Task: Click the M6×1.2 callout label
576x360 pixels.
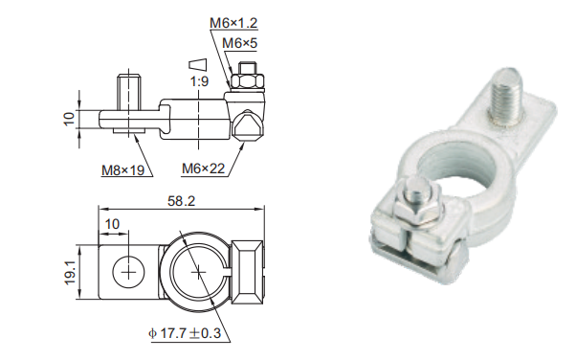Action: [232, 21]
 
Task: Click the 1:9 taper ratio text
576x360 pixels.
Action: [199, 81]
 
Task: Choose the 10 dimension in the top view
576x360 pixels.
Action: [113, 223]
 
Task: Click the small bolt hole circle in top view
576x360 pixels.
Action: [125, 272]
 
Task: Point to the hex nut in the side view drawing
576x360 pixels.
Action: [245, 83]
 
